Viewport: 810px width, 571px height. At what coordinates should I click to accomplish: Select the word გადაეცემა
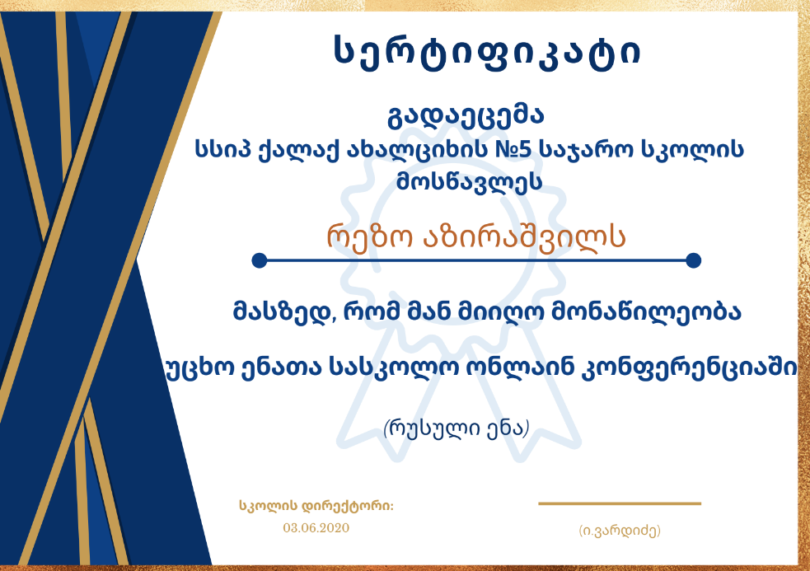tap(466, 115)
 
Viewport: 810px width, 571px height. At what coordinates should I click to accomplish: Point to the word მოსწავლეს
tap(469, 181)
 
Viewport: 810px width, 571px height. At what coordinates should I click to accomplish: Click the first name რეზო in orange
tap(369, 238)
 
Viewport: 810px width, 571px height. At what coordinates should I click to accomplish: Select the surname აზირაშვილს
tap(524, 238)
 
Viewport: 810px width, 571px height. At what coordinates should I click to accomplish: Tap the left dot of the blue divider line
tap(260, 260)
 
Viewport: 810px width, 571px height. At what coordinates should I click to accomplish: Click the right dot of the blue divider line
tap(693, 260)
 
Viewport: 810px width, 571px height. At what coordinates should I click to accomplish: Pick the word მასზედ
tap(284, 311)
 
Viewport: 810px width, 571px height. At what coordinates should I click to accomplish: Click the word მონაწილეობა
tap(647, 311)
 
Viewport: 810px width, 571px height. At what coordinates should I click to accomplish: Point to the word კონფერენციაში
tap(689, 368)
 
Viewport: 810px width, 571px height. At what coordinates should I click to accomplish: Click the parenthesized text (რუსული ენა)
tap(457, 428)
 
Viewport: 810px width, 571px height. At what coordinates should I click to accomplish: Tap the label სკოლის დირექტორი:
tap(316, 506)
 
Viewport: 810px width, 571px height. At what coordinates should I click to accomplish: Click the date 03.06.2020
tap(316, 528)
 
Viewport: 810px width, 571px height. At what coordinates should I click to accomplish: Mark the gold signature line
tap(620, 503)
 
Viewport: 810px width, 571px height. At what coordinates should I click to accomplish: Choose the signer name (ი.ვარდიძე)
tap(620, 531)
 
